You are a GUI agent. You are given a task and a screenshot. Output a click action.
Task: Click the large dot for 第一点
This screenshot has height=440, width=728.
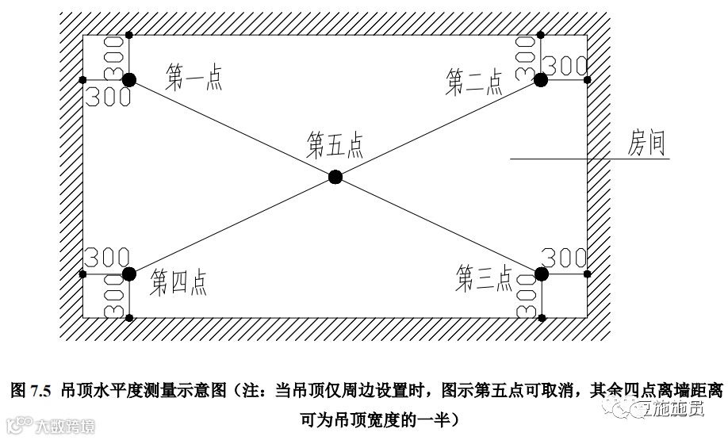pyautogui.click(x=129, y=79)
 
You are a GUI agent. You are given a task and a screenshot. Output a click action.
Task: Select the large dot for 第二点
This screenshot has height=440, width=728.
pyautogui.click(x=541, y=79)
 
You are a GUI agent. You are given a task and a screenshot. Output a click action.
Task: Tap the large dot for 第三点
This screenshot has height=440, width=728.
pyautogui.click(x=542, y=274)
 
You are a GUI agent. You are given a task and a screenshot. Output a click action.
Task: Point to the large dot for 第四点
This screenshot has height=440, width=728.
pyautogui.click(x=129, y=274)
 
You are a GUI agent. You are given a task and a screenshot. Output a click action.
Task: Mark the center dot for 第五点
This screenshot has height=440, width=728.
pyautogui.click(x=335, y=177)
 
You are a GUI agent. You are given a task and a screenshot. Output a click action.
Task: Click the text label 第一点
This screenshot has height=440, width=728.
pyautogui.click(x=193, y=77)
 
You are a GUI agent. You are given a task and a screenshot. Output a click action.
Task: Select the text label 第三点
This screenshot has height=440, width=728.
pyautogui.click(x=485, y=278)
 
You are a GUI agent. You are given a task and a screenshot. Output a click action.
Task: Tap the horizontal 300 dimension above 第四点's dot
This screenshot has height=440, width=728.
pyautogui.click(x=102, y=258)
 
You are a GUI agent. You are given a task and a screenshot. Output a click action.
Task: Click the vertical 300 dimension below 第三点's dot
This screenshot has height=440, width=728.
pyautogui.click(x=526, y=297)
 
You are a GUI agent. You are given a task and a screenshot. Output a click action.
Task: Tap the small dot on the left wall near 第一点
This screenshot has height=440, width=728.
pyautogui.click(x=82, y=79)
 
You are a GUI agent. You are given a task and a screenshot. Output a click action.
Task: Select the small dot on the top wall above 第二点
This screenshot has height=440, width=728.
pyautogui.click(x=541, y=35)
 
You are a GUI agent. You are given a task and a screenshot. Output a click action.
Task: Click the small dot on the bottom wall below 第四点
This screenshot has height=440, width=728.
pyautogui.click(x=129, y=318)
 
